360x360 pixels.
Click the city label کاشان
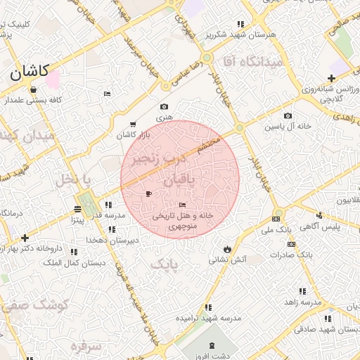pyautogui.click(x=29, y=71)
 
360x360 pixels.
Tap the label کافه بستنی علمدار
pyautogui.click(x=34, y=100)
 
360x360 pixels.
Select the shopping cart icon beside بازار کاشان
pyautogui.click(x=134, y=124)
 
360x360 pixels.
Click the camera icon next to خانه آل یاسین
pyautogui.click(x=288, y=116)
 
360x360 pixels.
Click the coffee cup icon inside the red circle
pyautogui.click(x=148, y=193)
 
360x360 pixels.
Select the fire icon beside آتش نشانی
pyautogui.click(x=227, y=249)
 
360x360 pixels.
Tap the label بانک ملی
pyautogui.click(x=276, y=229)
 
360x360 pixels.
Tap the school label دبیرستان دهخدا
pyautogui.click(x=111, y=240)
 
